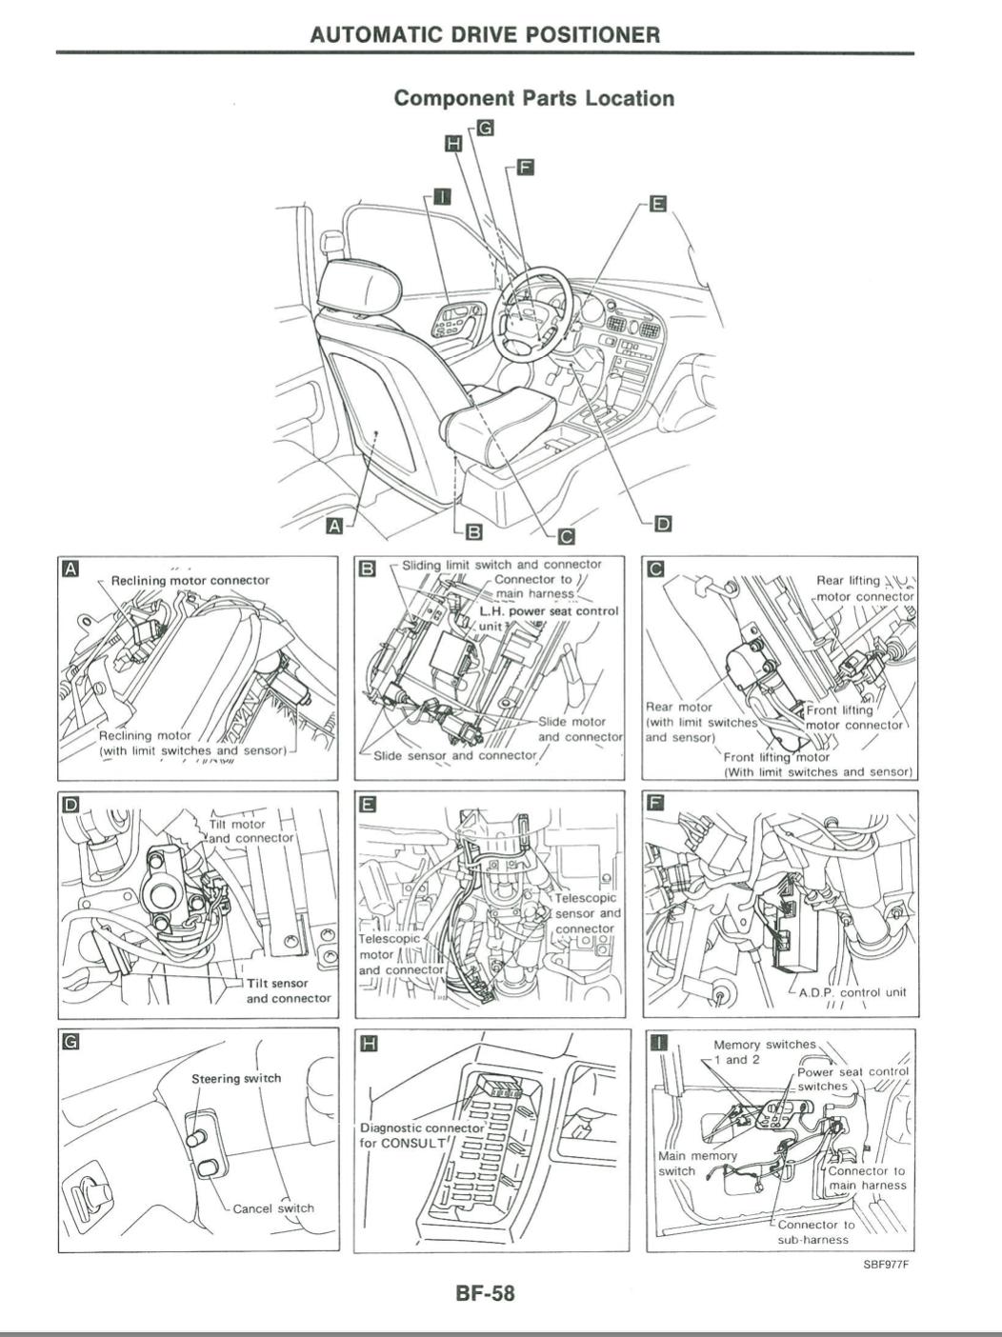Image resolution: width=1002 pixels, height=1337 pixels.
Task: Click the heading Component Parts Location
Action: tap(533, 98)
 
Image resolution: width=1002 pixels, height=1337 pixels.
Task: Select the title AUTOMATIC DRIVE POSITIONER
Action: tap(485, 35)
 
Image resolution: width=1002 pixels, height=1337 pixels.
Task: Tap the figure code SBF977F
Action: tap(886, 1265)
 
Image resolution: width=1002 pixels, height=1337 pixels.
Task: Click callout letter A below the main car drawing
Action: tap(333, 525)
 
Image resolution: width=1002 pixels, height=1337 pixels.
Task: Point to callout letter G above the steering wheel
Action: tap(485, 127)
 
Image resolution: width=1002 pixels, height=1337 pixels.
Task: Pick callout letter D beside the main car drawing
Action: tap(663, 523)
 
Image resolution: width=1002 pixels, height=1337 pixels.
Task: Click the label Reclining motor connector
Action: tap(190, 580)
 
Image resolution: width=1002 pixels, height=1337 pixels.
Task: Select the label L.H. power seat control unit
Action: tap(549, 618)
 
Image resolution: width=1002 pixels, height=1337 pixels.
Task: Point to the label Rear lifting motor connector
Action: tap(864, 589)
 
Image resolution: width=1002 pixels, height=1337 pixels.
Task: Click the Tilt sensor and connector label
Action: tap(289, 990)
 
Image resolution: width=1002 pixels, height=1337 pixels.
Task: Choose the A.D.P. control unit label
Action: tap(852, 991)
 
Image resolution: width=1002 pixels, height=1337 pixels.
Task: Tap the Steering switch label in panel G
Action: tap(236, 1078)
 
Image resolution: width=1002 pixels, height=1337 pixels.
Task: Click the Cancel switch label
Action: tap(273, 1207)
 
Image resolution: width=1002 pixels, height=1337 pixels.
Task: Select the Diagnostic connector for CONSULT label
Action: tap(421, 1134)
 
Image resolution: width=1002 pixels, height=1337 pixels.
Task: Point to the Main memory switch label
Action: tap(697, 1163)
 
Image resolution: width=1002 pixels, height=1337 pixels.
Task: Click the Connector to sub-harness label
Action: tap(815, 1232)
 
